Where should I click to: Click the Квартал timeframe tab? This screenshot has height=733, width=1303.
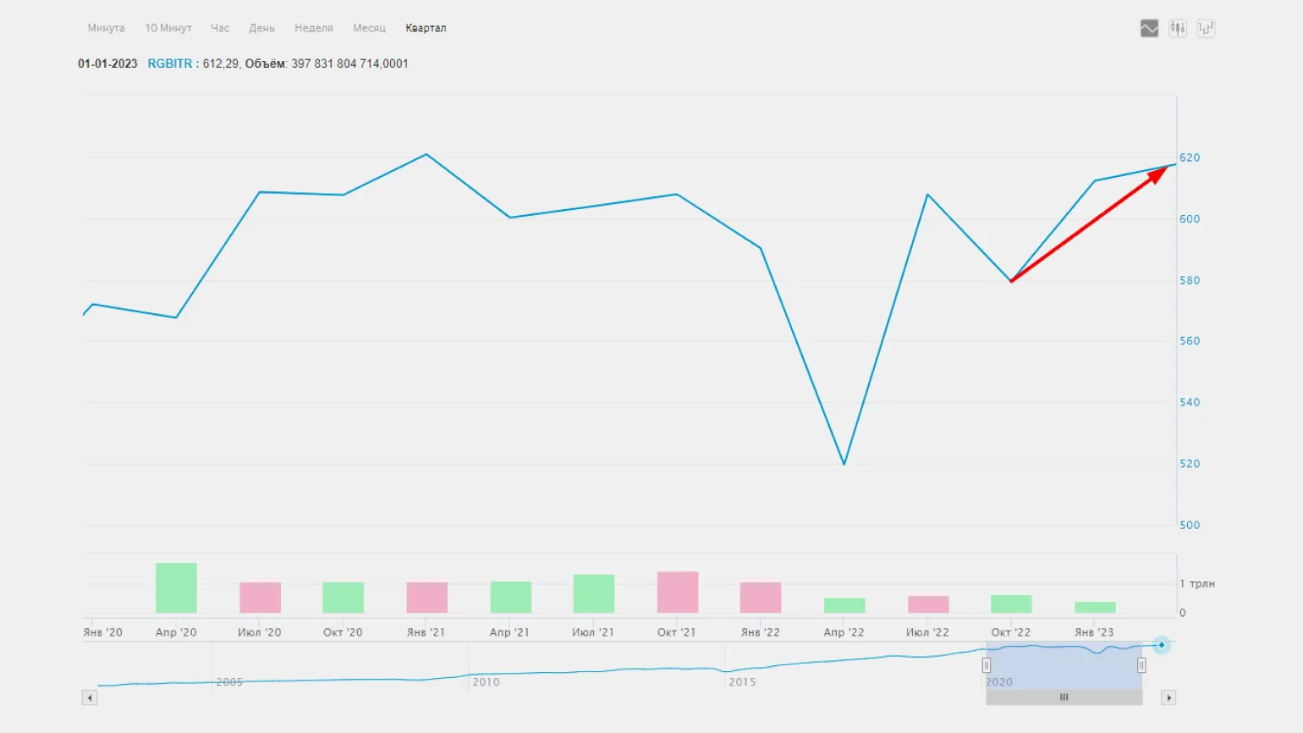coord(425,28)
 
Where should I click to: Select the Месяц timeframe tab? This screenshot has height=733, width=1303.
coord(369,28)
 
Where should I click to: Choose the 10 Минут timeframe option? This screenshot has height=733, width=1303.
coord(168,28)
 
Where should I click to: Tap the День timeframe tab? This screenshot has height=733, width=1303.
coord(261,28)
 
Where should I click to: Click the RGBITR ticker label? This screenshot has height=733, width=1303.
coord(170,63)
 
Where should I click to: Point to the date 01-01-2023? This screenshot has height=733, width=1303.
coord(107,63)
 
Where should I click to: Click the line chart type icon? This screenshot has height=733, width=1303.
coord(1149,29)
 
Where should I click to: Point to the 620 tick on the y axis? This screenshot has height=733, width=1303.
coord(1190,157)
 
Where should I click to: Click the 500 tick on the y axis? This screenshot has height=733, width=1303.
coord(1190,525)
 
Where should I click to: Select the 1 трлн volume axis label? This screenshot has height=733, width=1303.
coord(1197,584)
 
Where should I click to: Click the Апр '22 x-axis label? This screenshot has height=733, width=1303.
coord(844,632)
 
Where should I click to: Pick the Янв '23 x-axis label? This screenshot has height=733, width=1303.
coord(1094,632)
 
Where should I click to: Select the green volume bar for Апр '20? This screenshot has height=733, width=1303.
coord(176,587)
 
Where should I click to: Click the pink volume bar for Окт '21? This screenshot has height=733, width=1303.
coord(678,592)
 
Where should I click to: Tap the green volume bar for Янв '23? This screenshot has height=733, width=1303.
coord(1095,607)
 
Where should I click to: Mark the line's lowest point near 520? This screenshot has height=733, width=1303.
coord(844,464)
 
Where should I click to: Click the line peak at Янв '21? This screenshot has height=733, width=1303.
coord(426,154)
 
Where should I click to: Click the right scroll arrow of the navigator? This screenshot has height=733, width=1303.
coord(1169,697)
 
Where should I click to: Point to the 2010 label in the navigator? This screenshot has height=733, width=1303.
coord(486,681)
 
